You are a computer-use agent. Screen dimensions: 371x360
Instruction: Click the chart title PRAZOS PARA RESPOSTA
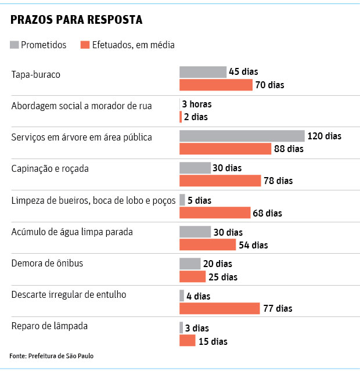76,20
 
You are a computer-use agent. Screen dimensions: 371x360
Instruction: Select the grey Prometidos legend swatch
15,45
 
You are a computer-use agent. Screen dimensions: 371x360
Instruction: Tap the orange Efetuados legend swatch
85,45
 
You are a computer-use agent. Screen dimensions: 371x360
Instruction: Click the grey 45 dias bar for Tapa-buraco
203,72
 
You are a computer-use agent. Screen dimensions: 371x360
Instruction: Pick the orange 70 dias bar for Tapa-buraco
216,85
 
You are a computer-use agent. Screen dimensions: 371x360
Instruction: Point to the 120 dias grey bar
242,136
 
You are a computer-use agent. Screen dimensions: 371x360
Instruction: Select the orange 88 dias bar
225,149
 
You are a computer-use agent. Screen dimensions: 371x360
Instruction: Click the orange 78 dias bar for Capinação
220,181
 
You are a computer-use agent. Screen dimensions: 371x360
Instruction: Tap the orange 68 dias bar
215,212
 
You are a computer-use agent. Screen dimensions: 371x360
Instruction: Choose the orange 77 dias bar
219,308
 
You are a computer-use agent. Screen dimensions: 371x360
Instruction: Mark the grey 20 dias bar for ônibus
190,264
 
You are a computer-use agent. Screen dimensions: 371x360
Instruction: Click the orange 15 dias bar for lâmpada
187,341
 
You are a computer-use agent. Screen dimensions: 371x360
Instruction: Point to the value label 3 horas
197,105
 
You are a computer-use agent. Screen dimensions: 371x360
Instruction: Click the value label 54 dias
253,245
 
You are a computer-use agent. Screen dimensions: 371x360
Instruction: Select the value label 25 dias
223,277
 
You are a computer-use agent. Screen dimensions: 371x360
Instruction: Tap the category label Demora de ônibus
47,263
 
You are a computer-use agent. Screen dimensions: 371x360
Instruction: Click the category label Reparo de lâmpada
49,326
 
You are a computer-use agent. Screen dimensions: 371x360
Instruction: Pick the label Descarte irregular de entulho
69,294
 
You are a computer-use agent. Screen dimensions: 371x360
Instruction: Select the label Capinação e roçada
50,168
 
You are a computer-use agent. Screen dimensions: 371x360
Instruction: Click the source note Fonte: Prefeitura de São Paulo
52,355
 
